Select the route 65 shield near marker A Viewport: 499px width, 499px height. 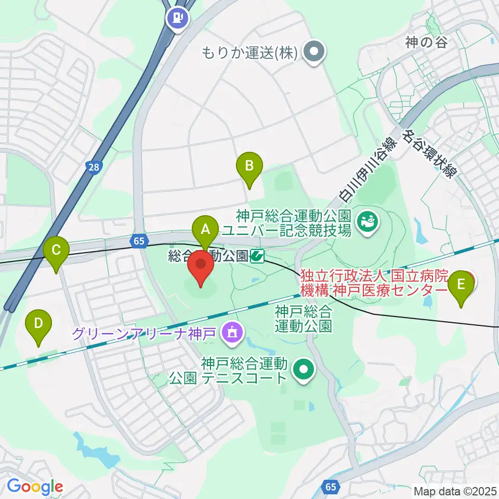[x=138, y=241]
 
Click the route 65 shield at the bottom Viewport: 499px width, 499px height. [x=331, y=486]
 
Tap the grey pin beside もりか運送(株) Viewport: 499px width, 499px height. [x=314, y=52]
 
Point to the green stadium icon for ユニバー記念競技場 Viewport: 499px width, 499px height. [x=367, y=222]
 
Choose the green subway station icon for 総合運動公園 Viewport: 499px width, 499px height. [x=257, y=256]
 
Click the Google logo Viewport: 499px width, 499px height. [x=35, y=487]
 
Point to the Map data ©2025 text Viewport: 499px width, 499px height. [x=454, y=490]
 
